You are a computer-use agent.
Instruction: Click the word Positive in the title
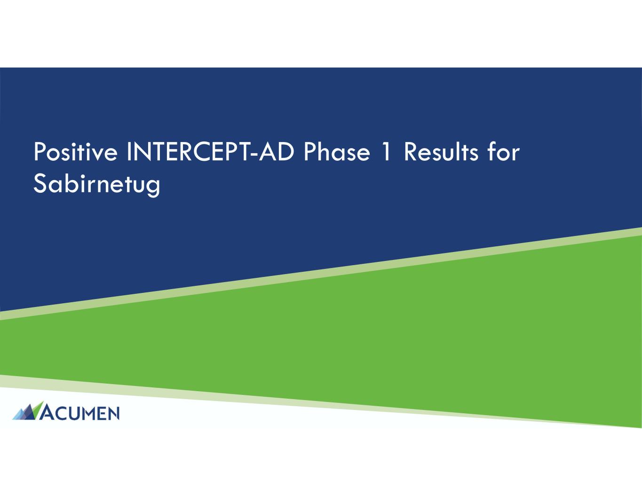point(75,152)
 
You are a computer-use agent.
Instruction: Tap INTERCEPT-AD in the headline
point(210,152)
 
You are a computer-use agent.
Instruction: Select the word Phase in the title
point(336,152)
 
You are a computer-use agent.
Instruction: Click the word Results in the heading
point(441,152)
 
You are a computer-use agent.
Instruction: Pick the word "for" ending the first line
point(503,152)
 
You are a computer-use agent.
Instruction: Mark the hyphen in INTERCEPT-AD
point(254,154)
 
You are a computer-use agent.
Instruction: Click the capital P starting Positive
point(40,152)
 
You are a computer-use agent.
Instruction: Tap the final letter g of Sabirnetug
point(154,188)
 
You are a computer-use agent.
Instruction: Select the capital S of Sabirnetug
point(40,184)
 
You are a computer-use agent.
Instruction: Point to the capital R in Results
point(410,152)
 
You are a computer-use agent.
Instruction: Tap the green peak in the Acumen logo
point(37,410)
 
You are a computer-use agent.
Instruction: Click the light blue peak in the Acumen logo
point(19,415)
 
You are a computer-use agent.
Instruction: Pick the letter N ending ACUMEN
point(113,413)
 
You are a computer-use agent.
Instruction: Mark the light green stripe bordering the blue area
point(321,274)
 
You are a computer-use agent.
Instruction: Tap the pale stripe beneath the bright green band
point(321,402)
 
